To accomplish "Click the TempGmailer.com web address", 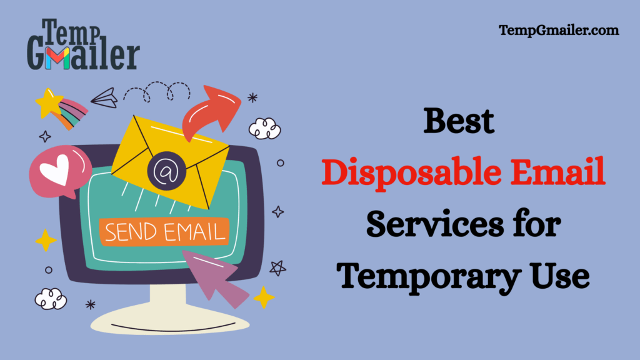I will tap(559, 30).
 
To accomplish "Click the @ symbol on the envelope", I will tap(164, 169).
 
